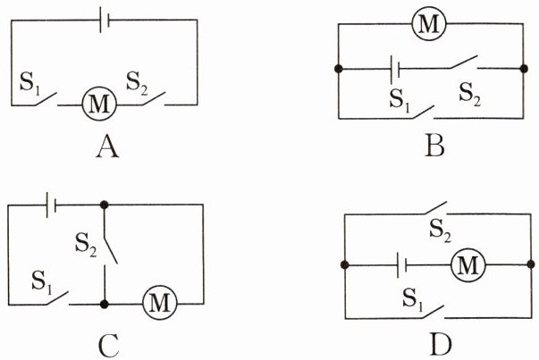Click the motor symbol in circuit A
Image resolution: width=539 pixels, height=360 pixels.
point(99,104)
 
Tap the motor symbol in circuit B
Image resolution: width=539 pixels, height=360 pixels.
point(429,24)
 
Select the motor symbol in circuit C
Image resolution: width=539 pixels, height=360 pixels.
point(160,303)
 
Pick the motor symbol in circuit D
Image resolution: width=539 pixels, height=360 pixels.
point(468,265)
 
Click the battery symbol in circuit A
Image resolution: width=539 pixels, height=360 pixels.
point(105,21)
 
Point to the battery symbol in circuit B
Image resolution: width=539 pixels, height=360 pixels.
point(394,69)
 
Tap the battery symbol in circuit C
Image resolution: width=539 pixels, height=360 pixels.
point(51,205)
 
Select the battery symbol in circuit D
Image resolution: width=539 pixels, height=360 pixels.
point(402,265)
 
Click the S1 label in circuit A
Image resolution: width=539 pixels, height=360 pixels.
point(29,83)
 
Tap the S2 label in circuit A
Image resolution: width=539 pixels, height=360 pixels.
point(137,83)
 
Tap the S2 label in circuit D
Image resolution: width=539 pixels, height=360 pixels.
point(441,230)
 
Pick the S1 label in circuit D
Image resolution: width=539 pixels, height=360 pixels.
point(413,299)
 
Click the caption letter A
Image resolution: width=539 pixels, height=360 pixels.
point(107,147)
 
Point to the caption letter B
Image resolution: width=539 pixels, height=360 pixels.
point(434,147)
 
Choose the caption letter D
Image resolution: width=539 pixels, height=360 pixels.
point(441,345)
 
